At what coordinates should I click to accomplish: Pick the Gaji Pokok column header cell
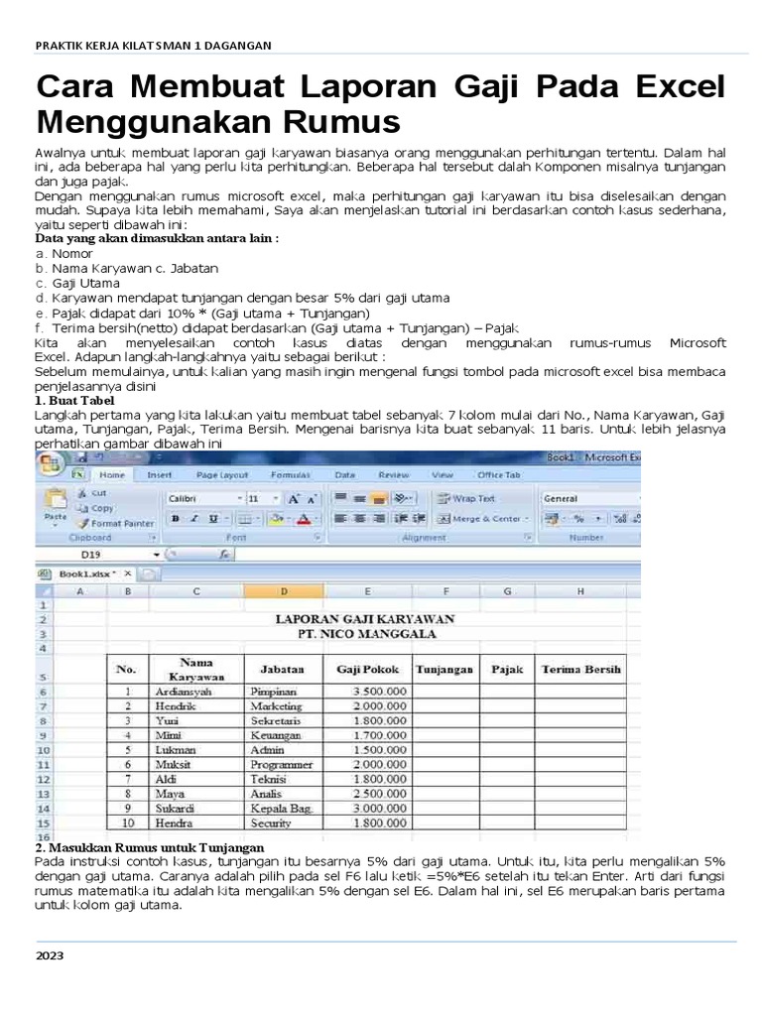(x=365, y=669)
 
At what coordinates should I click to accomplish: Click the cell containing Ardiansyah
(x=190, y=691)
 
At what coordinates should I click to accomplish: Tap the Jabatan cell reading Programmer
(x=281, y=765)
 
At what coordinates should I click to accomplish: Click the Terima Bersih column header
(x=581, y=669)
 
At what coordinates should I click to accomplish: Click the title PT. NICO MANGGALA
(x=364, y=631)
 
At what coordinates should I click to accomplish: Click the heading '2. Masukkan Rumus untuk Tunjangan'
(x=149, y=847)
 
